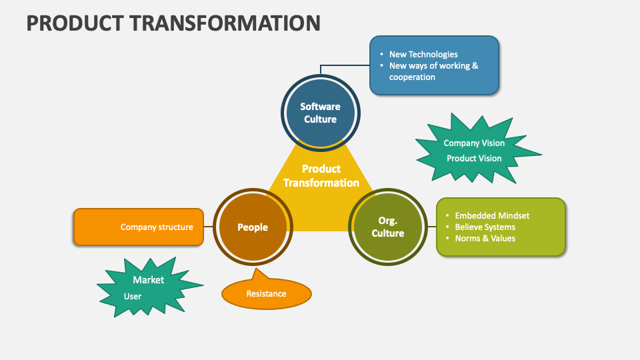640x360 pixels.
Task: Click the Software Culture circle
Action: [x=320, y=113]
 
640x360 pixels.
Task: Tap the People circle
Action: [x=253, y=227]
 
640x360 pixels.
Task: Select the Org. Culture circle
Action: [x=387, y=227]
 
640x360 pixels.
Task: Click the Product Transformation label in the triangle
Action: [x=321, y=176]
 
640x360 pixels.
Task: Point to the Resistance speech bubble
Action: [x=266, y=294]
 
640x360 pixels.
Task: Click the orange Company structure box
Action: [x=138, y=227]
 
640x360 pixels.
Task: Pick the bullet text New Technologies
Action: [x=423, y=55]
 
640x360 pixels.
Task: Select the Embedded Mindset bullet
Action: [x=492, y=216]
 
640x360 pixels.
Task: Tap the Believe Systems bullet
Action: [x=485, y=227]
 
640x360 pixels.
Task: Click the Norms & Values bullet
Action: [x=485, y=239]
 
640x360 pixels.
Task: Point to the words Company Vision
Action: [x=474, y=143]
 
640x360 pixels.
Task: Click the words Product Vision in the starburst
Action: [x=474, y=159]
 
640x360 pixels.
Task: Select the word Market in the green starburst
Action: [x=148, y=280]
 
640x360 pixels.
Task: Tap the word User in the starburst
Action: [x=133, y=296]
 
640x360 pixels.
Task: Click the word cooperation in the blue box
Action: [x=412, y=77]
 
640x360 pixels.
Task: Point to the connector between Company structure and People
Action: [x=208, y=227]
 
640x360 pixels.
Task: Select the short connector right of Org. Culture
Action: [x=431, y=227]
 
